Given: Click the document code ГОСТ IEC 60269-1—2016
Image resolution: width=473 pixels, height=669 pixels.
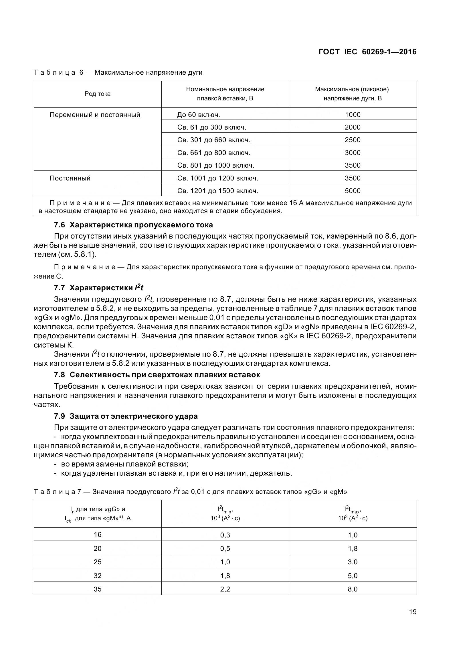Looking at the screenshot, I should (367, 52).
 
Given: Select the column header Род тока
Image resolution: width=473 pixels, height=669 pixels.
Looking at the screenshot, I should (97, 94).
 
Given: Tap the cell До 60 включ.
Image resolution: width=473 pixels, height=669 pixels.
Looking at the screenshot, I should (199, 115).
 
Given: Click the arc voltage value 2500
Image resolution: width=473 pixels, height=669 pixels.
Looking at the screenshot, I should (352, 140).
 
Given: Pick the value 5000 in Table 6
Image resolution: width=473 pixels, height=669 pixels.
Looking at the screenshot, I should (352, 191).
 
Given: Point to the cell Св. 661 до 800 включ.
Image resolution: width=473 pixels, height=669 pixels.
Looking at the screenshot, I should (214, 153).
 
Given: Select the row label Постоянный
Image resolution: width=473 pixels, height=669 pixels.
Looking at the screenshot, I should (70, 178).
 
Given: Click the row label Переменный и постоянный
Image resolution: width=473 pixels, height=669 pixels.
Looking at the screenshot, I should (95, 115).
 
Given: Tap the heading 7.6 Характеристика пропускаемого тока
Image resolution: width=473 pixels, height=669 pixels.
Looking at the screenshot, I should (133, 225).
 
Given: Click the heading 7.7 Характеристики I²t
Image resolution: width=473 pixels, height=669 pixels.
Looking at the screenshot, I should (98, 288).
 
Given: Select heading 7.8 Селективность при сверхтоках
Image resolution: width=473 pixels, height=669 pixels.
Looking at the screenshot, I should (157, 375).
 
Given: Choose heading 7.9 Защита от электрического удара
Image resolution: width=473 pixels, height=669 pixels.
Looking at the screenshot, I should (126, 416).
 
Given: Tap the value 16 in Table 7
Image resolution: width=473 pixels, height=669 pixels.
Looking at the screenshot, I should (97, 535).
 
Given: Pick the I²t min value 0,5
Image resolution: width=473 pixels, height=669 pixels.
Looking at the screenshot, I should (225, 549).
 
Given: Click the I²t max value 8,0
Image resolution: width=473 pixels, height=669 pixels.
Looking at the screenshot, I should (352, 589).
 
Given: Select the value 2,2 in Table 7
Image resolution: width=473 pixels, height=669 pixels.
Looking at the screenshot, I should (225, 589).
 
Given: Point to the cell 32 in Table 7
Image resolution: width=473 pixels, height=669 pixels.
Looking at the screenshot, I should (97, 576).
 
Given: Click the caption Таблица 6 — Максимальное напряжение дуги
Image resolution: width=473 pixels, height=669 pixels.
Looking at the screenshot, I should (118, 72).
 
